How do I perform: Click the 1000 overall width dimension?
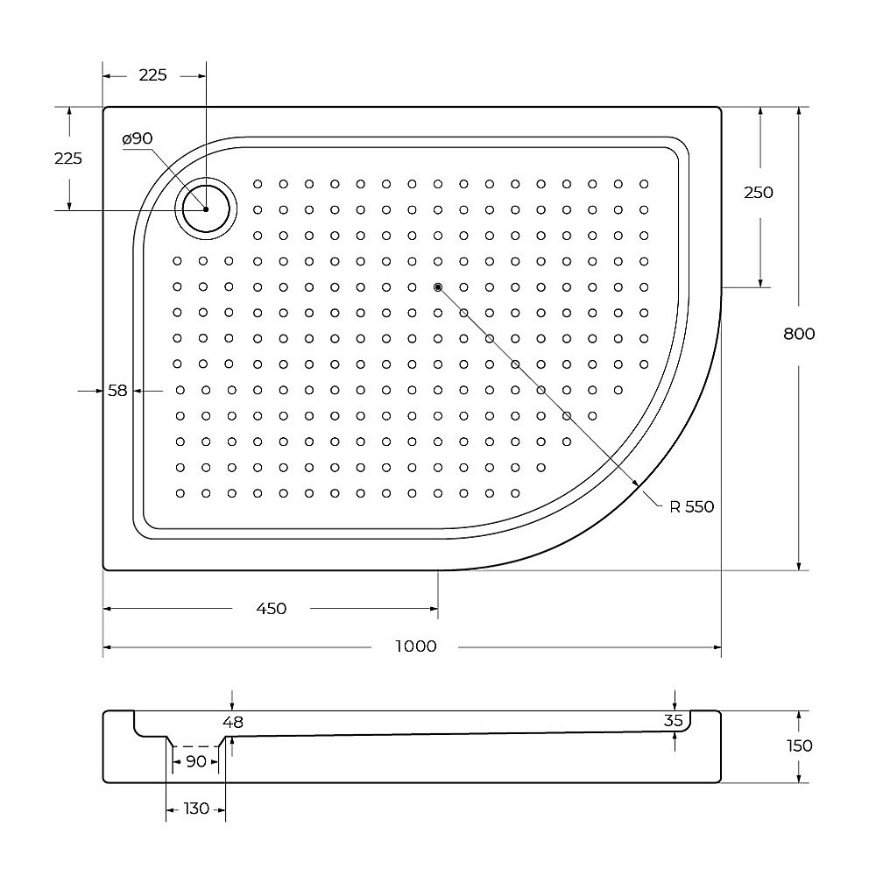pos(415,646)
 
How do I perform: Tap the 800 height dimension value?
pos(800,334)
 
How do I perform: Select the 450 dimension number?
pos(272,609)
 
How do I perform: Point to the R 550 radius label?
pos(692,506)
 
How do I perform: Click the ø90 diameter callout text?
pos(138,138)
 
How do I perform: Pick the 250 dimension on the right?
pos(759,193)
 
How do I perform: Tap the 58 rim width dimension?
pos(118,391)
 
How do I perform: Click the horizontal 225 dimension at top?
pos(152,75)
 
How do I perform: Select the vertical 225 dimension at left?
pos(68,159)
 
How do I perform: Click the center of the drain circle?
pos(206,209)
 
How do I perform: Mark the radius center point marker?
pos(438,286)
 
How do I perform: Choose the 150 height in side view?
pos(800,745)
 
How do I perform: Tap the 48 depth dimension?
pos(232,722)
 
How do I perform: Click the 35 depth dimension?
pos(674,721)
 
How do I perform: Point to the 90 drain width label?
pos(196,761)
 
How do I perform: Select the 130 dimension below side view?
pos(196,809)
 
